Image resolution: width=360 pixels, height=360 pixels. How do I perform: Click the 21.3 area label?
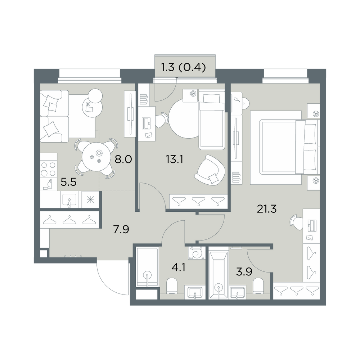pos(267,209)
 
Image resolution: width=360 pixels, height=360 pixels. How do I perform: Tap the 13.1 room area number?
pos(175,159)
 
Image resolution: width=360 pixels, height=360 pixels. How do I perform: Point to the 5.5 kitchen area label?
pos(68,183)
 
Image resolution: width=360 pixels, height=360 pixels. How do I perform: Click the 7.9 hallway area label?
pos(121,229)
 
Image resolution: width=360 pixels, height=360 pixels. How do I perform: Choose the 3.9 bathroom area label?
pos(244,272)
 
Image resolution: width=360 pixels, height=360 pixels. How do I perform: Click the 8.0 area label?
pos(123,159)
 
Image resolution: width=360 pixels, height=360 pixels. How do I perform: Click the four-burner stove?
pos(49,169)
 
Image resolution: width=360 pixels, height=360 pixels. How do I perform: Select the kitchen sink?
pos(69,200)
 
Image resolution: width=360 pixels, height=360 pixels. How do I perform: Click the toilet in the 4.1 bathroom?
pos(171,286)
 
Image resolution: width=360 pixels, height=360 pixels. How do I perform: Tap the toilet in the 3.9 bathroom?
pos(258,286)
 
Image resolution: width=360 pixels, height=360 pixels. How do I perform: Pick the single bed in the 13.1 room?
pos(212,120)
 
